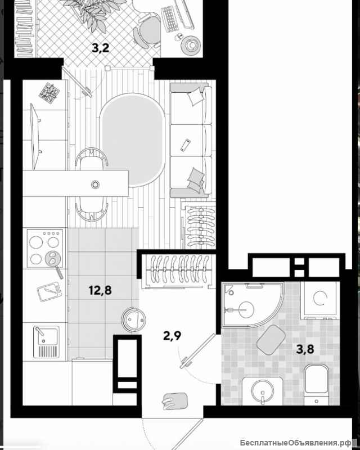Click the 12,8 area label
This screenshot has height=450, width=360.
(x=100, y=290)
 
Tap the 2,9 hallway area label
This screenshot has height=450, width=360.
(x=172, y=335)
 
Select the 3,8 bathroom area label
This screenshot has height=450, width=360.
(x=305, y=349)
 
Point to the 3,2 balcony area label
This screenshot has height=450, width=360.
(x=101, y=48)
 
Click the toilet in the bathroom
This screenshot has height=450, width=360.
(x=316, y=385)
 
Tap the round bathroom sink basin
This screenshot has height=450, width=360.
(x=263, y=390)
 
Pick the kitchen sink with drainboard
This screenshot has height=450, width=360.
(x=46, y=342)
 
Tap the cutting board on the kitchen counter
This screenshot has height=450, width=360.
(x=49, y=292)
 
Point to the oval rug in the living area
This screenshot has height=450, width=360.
(x=132, y=140)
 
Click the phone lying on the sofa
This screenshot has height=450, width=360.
(x=186, y=145)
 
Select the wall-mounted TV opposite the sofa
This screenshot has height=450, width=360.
(x=35, y=137)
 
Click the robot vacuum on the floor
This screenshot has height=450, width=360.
(x=133, y=319)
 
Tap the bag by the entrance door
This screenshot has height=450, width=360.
(x=175, y=400)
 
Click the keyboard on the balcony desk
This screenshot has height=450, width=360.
(x=170, y=18)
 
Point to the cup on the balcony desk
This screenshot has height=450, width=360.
(x=191, y=44)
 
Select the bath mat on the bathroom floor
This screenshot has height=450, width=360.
(x=271, y=340)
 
